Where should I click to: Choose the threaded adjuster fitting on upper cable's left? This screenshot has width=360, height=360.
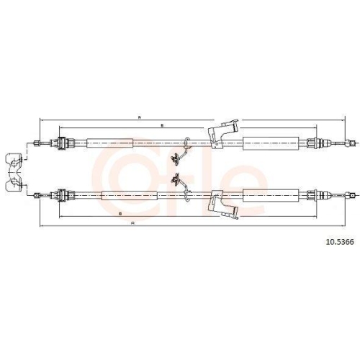(63, 143)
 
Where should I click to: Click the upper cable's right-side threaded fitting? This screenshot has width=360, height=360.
(312, 143)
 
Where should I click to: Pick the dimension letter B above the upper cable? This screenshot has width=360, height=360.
(161, 126)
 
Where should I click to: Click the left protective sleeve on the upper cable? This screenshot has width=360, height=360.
(109, 143)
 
